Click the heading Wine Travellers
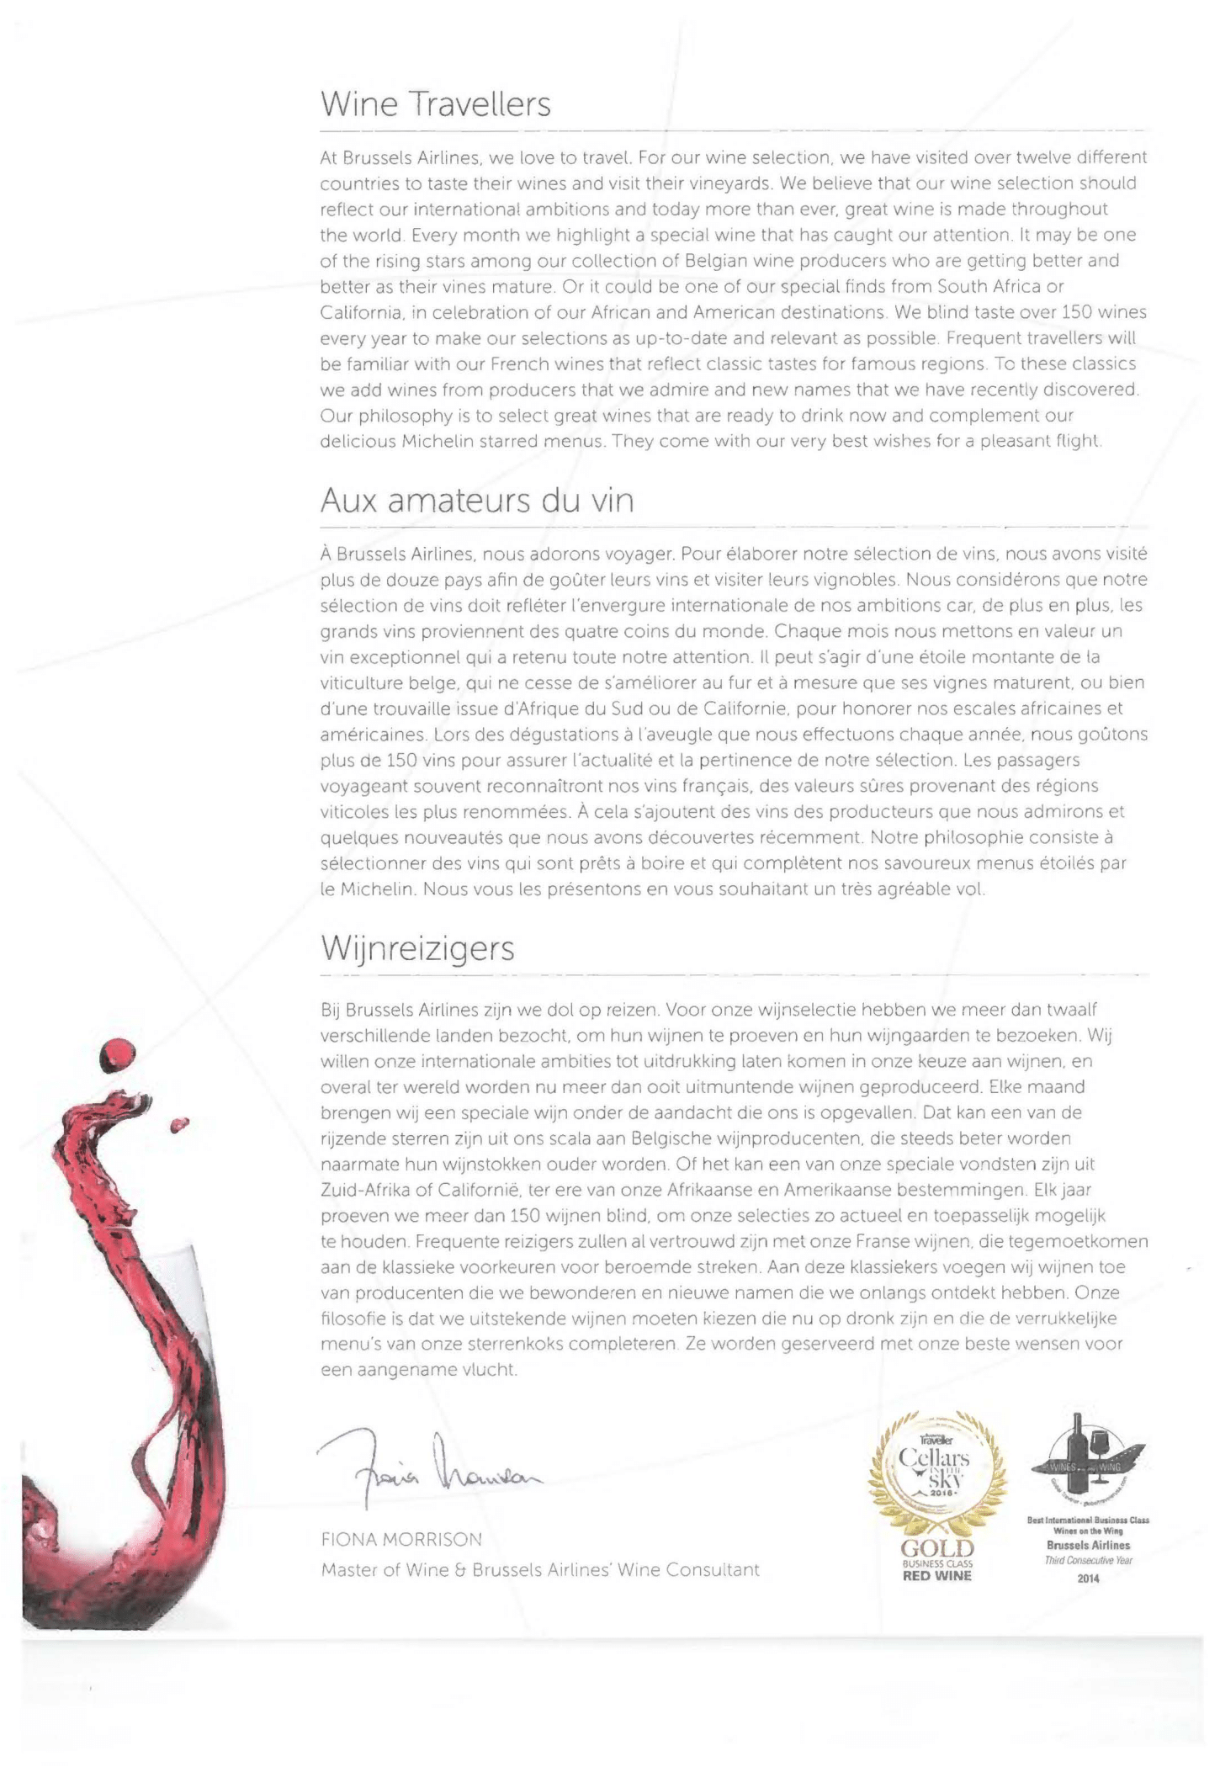click(x=435, y=105)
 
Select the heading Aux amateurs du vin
click(x=476, y=501)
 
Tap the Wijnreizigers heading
click(x=417, y=949)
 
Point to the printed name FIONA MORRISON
click(x=401, y=1540)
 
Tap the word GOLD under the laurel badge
click(x=936, y=1549)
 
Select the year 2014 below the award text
click(x=1088, y=1579)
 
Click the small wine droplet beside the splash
click(x=178, y=1124)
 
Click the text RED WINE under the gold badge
click(x=936, y=1576)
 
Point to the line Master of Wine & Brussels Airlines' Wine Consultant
click(x=539, y=1570)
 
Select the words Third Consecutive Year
click(x=1088, y=1561)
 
